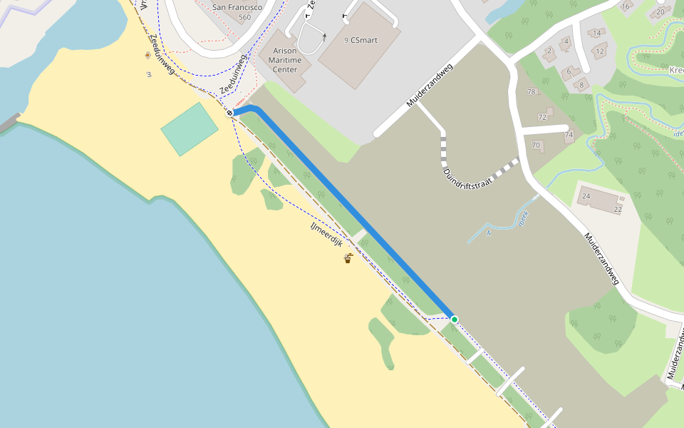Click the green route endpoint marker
(454, 319)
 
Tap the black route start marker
(230, 113)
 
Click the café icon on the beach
(348, 258)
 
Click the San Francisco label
(237, 7)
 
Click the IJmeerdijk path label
(327, 233)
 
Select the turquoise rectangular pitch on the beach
(190, 128)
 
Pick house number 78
(530, 92)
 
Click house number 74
(569, 135)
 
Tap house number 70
(536, 145)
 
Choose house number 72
(542, 116)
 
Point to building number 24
(586, 195)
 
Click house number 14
(596, 33)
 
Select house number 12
(601, 51)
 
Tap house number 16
(626, 6)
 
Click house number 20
(660, 11)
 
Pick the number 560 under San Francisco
(245, 17)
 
